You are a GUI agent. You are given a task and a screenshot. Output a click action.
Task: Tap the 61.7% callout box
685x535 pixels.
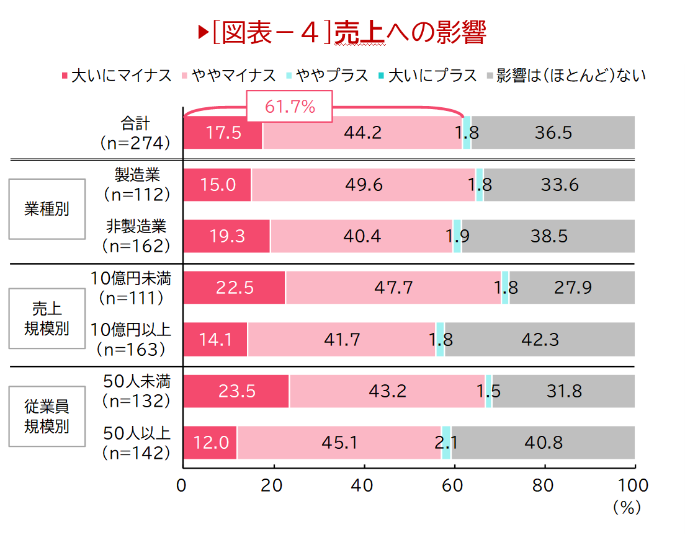pyautogui.click(x=290, y=107)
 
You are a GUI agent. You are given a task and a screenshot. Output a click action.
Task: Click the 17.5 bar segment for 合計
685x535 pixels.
pyautogui.click(x=223, y=133)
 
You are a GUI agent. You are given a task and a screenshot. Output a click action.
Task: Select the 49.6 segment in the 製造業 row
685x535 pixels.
pyautogui.click(x=363, y=185)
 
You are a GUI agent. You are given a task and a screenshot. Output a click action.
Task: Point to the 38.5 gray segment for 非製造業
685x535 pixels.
pyautogui.click(x=548, y=236)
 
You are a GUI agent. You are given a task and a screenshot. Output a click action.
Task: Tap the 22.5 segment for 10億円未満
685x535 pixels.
pyautogui.click(x=234, y=288)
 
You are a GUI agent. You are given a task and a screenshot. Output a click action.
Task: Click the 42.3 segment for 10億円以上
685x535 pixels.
pyautogui.click(x=540, y=339)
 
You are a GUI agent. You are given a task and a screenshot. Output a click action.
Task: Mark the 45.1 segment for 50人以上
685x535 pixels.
pyautogui.click(x=339, y=443)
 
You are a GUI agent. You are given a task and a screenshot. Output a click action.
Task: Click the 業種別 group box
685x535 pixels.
pyautogui.click(x=47, y=209)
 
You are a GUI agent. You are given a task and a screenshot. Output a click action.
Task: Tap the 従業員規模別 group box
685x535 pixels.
pyautogui.click(x=47, y=417)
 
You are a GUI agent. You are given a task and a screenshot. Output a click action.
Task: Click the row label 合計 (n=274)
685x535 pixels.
pyautogui.click(x=135, y=133)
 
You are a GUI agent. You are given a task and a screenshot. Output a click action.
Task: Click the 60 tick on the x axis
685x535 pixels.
pyautogui.click(x=454, y=485)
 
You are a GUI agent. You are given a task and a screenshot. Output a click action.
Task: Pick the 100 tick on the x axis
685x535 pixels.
pyautogui.click(x=634, y=485)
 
